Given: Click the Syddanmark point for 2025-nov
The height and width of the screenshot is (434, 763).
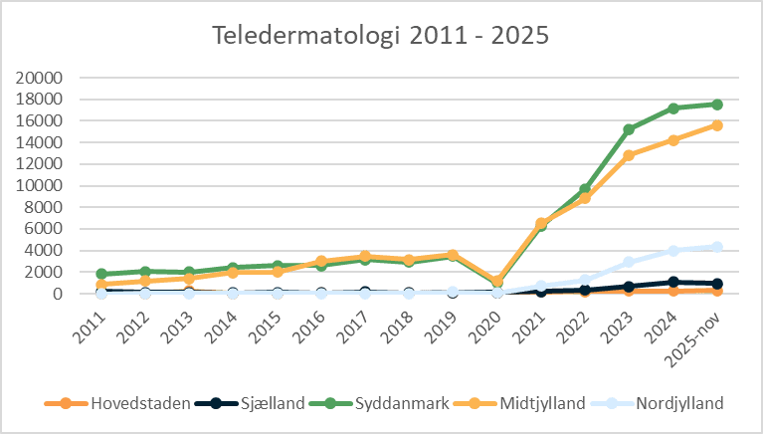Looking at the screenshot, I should [x=716, y=105].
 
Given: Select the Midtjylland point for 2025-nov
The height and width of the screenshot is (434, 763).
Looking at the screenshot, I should [x=716, y=125].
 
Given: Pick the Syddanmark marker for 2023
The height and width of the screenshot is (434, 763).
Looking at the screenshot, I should [x=629, y=129].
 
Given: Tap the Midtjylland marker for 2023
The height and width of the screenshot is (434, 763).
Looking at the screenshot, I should [x=629, y=155].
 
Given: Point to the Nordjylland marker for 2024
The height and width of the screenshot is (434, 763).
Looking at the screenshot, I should [x=672, y=251].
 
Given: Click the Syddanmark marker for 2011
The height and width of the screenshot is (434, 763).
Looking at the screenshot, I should [x=100, y=274].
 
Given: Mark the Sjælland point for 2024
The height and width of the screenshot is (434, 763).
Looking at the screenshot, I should [x=672, y=282].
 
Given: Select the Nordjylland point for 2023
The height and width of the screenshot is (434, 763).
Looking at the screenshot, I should [x=629, y=262].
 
